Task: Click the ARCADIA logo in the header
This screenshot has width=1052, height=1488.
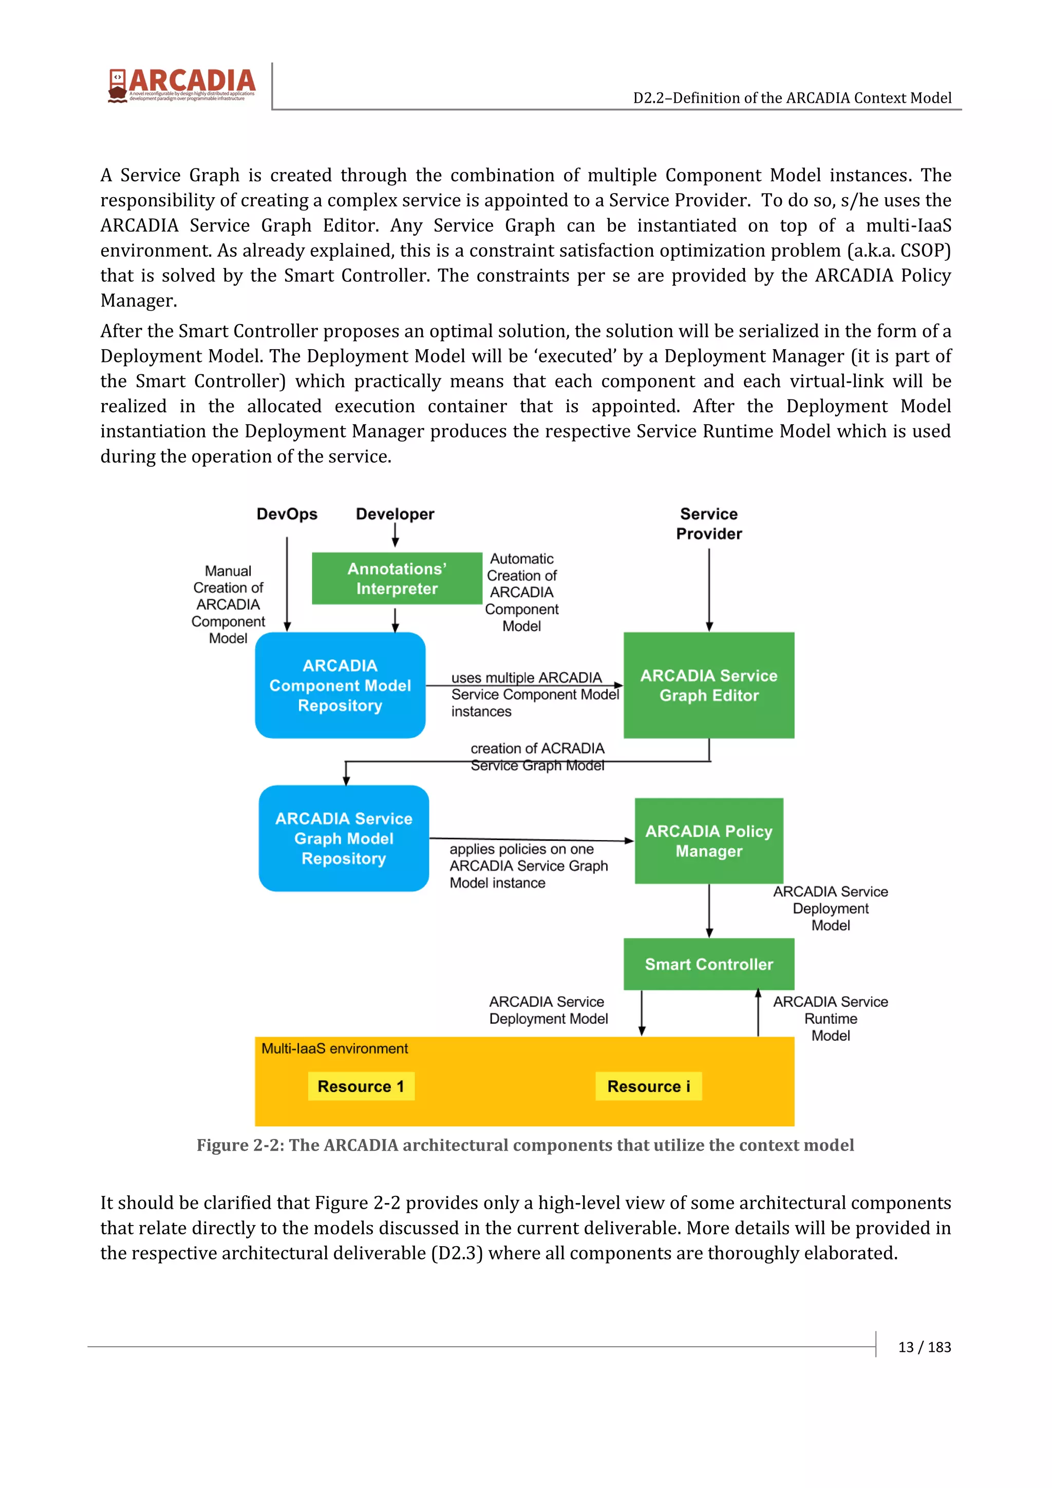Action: [181, 85]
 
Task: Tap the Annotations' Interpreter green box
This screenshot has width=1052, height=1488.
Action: [397, 578]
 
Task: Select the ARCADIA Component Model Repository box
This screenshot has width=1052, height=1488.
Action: [340, 685]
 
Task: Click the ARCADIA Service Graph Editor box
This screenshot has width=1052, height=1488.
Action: [708, 685]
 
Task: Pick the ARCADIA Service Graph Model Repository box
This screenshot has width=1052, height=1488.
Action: [344, 838]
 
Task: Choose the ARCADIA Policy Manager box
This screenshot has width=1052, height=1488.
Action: [708, 841]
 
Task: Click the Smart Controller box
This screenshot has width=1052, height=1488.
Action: [708, 964]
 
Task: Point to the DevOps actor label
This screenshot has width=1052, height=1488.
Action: [287, 514]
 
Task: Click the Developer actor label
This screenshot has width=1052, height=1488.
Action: [394, 514]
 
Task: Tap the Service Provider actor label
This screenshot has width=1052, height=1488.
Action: [708, 524]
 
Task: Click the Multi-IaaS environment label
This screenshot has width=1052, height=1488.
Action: [334, 1048]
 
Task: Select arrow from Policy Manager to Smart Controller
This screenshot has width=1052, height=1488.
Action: [709, 910]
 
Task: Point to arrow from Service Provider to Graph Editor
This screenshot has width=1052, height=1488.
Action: [709, 590]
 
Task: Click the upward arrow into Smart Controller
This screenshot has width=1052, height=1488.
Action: [758, 1013]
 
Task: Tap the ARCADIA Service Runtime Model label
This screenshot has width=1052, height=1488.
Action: [830, 1018]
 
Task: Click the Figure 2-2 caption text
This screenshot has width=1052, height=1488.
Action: [525, 1145]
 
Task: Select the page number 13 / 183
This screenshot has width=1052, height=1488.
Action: [924, 1347]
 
